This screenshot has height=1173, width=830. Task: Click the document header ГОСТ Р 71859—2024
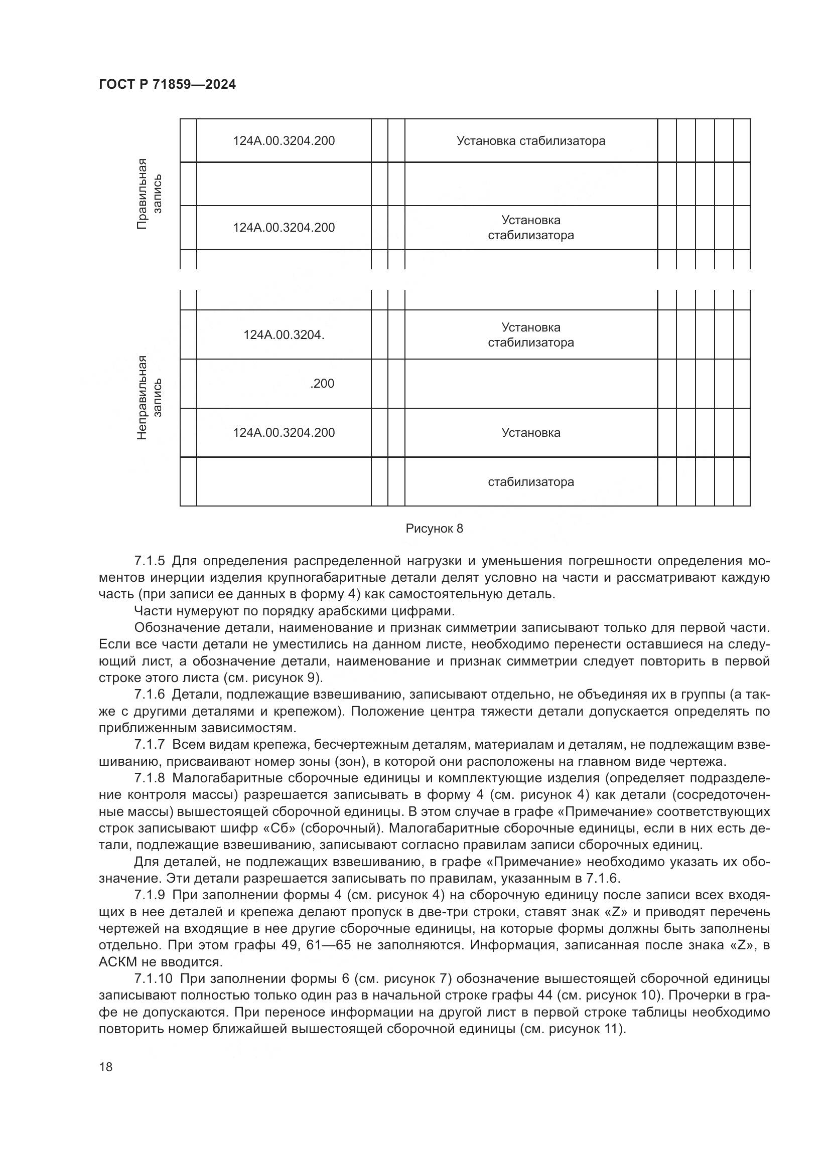167,85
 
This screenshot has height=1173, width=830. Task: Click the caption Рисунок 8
434,529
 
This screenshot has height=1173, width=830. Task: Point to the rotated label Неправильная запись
149,397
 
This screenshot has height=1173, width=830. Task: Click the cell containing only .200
322,384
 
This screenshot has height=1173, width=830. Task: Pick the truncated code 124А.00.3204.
284,335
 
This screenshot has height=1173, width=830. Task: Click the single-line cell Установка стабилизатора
530,141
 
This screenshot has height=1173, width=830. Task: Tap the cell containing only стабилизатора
530,482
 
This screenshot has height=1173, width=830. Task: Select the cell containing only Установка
530,433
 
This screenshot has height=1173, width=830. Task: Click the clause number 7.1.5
150,562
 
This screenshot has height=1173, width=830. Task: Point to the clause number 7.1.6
150,694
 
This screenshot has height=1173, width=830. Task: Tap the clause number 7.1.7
150,744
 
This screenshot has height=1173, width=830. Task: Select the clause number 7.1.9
150,895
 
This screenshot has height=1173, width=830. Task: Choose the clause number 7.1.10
154,979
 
